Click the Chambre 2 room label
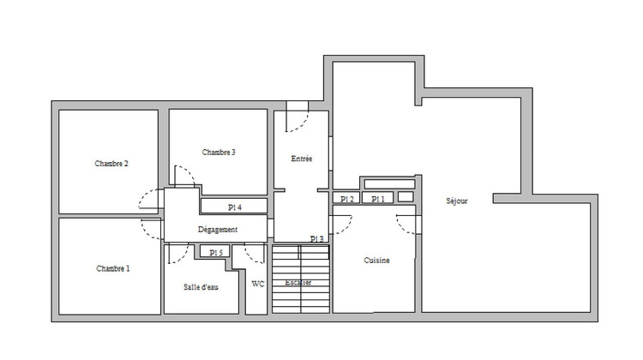point(111,163)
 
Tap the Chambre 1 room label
point(112,268)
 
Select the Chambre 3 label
point(219,152)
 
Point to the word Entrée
point(302,159)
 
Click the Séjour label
point(457,201)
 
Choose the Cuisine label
point(377,261)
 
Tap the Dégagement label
point(217,230)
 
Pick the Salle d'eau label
point(201,286)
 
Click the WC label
point(258,284)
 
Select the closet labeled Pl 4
point(234,207)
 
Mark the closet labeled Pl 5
point(215,252)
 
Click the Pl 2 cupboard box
point(346,199)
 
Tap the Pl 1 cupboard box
point(377,199)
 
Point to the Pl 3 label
point(317,239)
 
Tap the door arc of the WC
point(255,255)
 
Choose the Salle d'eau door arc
point(179,254)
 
